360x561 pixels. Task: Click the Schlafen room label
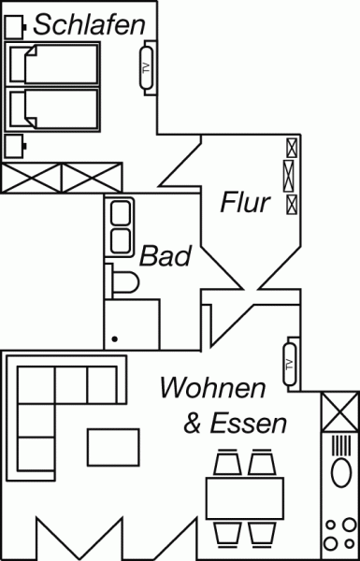[89, 25]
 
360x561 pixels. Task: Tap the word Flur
[245, 202]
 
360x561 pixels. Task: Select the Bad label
[166, 256]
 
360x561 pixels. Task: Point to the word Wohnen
[211, 386]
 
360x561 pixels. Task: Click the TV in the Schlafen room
[145, 69]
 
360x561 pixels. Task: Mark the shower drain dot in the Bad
[114, 339]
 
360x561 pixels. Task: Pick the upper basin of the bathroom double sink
[121, 213]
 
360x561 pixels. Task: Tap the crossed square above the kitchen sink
[338, 410]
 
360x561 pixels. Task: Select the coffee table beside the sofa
[114, 446]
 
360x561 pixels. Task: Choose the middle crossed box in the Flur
[291, 174]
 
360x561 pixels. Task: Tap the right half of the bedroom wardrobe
[92, 178]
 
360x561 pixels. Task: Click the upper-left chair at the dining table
[228, 463]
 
